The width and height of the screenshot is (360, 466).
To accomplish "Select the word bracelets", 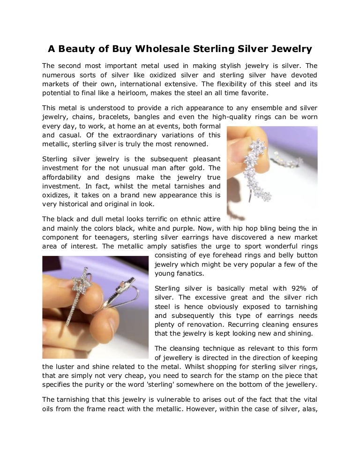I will point(111,116).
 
